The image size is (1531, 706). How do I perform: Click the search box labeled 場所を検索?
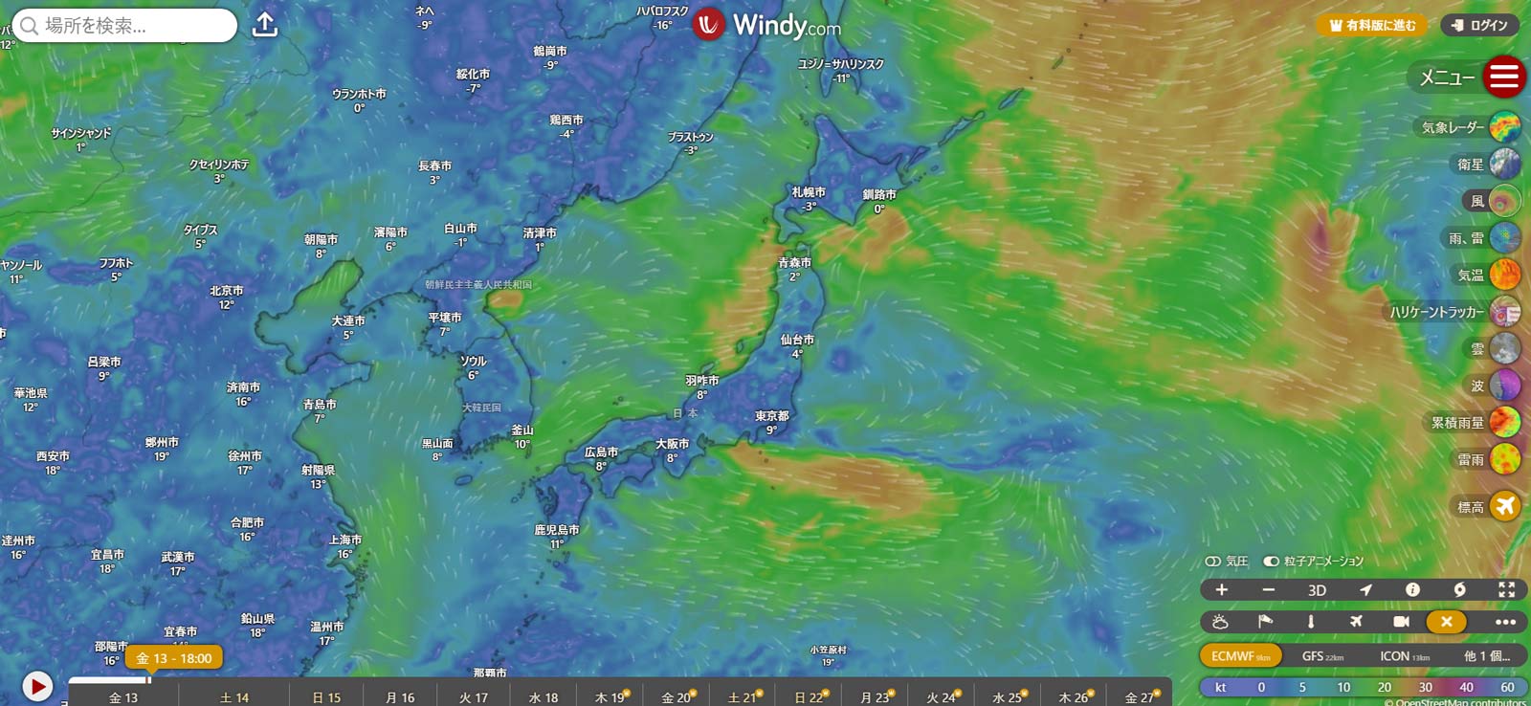[124, 26]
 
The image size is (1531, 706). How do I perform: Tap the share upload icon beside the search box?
[265, 25]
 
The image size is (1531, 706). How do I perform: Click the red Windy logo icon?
[708, 25]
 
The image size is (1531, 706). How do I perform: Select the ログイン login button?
[1479, 26]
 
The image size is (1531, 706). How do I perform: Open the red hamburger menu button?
[1503, 77]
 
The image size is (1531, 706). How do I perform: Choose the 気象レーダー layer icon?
[1504, 126]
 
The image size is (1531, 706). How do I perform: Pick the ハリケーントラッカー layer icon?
[1504, 312]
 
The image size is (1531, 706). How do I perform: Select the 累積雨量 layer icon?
[1504, 422]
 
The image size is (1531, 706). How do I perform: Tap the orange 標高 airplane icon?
[1504, 506]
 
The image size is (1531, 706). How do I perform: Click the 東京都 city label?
[771, 416]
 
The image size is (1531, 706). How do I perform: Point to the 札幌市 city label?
[809, 192]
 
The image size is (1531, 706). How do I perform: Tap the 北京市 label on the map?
[227, 291]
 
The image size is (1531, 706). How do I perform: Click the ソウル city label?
[473, 361]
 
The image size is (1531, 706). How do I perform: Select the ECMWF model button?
[1240, 656]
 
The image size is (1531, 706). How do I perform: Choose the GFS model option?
[1322, 656]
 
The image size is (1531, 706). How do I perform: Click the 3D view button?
[1317, 590]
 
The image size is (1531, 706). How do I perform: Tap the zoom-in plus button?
[1222, 590]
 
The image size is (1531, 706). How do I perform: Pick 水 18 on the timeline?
[544, 697]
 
